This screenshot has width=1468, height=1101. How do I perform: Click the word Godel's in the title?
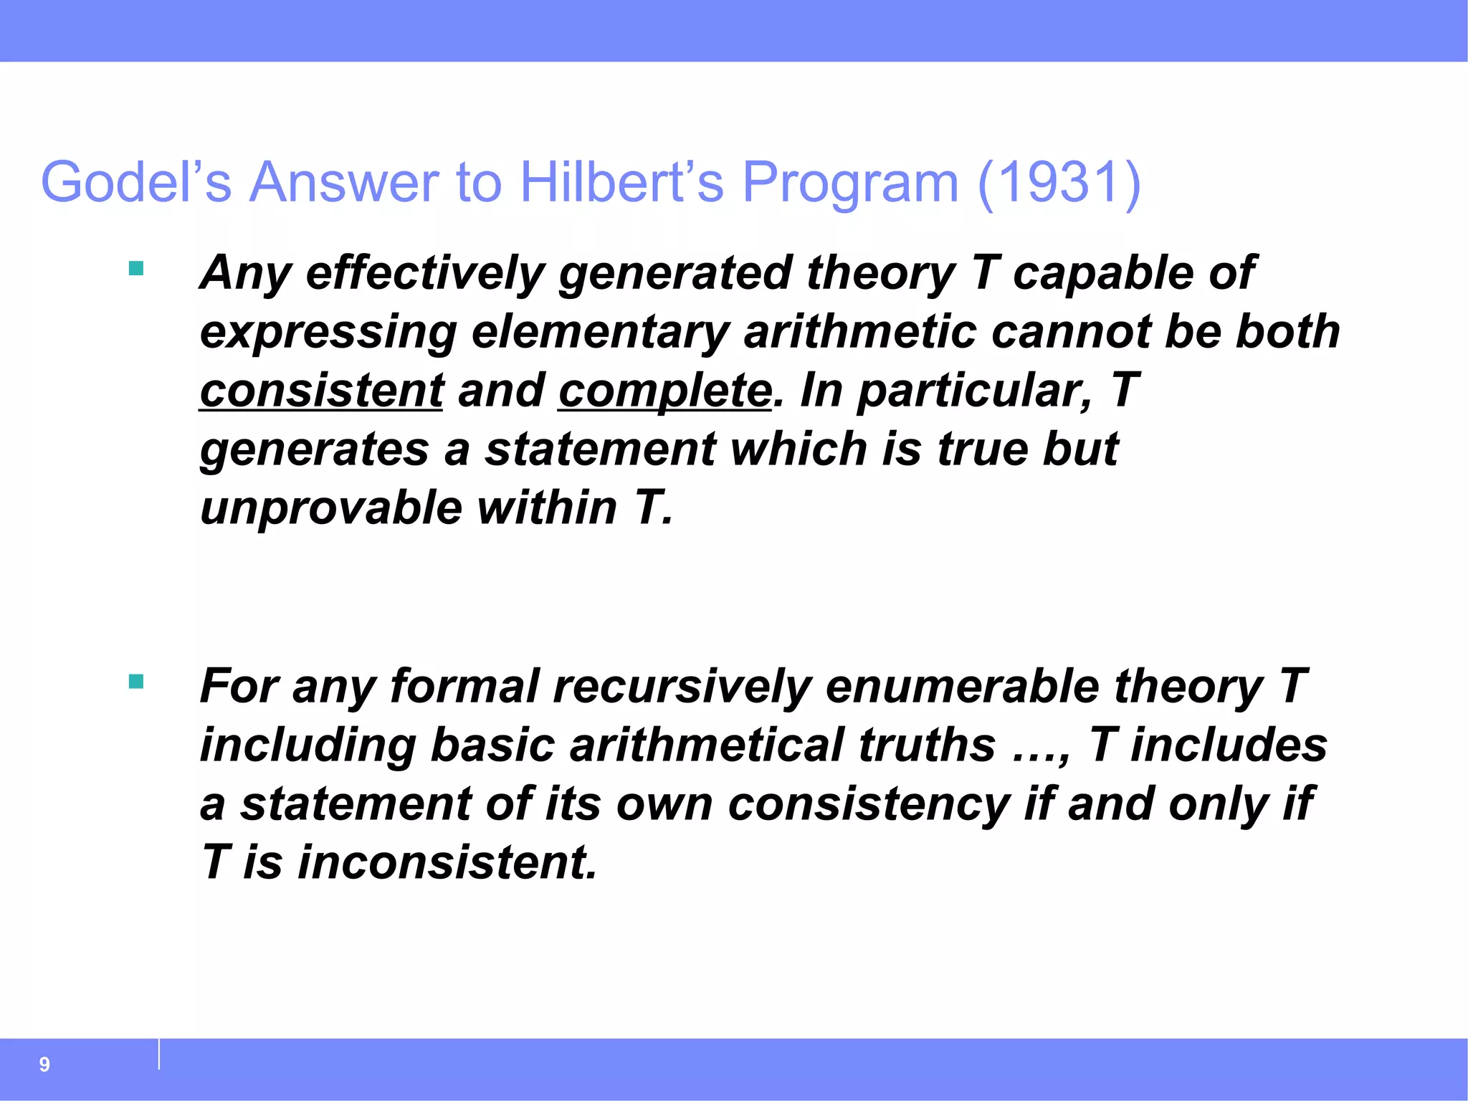[x=136, y=182]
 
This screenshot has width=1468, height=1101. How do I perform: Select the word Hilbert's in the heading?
[x=622, y=182]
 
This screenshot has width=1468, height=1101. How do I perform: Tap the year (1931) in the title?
[x=1059, y=182]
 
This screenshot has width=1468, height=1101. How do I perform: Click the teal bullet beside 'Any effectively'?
[x=136, y=269]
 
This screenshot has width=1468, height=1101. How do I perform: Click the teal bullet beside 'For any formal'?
[x=136, y=681]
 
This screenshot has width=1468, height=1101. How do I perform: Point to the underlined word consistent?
[x=321, y=391]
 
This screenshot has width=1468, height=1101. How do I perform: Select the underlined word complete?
[x=665, y=391]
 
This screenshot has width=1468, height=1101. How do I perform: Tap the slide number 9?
[x=44, y=1064]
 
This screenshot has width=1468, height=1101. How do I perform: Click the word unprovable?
[x=331, y=507]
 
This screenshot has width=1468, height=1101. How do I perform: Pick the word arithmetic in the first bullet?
[x=859, y=332]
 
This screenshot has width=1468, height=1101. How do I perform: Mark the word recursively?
[x=682, y=686]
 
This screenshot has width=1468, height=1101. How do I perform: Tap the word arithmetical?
[x=706, y=745]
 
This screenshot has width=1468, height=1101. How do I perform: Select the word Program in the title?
[x=849, y=182]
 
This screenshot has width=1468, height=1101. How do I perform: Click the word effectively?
[x=425, y=273]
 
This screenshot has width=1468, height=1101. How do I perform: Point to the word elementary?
[x=600, y=332]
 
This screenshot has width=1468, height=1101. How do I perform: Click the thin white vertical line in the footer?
[x=159, y=1054]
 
